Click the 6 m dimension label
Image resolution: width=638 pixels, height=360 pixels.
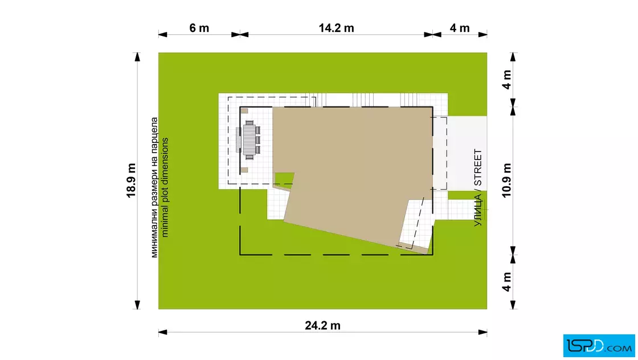click(x=199, y=28)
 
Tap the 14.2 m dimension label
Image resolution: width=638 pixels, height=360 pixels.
click(x=336, y=28)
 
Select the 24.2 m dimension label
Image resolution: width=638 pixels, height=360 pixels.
click(x=322, y=325)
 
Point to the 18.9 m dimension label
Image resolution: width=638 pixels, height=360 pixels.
click(x=131, y=181)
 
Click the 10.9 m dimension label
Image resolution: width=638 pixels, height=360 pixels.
click(x=506, y=181)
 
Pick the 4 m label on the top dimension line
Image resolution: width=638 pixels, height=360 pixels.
click(x=460, y=28)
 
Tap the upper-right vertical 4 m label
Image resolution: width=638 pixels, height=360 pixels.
click(x=506, y=80)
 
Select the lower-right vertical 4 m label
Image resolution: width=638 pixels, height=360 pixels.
click(x=506, y=282)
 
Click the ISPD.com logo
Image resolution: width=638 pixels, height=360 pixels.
click(x=599, y=346)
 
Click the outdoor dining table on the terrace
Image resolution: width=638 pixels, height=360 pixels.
click(x=249, y=140)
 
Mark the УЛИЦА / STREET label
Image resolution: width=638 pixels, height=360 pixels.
click(x=478, y=187)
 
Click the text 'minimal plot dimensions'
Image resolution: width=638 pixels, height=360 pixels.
click(x=165, y=187)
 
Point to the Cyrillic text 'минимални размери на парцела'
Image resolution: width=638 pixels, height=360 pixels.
click(x=154, y=187)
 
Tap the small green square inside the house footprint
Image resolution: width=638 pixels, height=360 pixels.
click(x=284, y=179)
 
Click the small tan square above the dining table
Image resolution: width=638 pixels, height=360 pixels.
click(x=244, y=111)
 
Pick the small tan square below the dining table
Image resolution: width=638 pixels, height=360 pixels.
click(x=244, y=170)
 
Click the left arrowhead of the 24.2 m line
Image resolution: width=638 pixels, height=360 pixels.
click(x=163, y=332)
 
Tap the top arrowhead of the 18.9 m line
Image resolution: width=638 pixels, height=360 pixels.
click(x=137, y=58)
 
